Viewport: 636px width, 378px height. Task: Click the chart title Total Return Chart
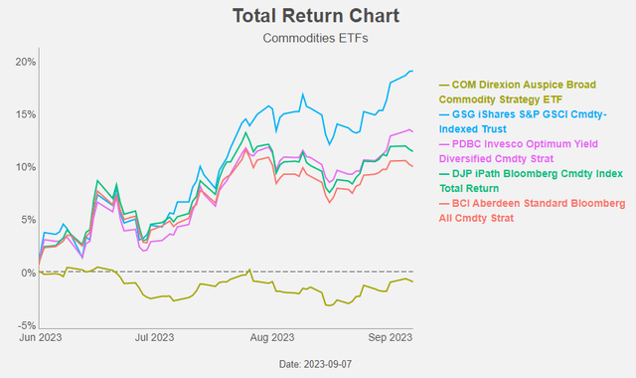tap(315, 16)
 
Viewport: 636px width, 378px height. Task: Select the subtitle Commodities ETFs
tap(315, 39)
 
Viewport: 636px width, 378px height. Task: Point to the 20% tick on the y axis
tap(25, 62)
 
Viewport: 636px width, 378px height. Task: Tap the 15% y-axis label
tap(25, 114)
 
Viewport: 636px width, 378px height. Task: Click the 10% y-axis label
tap(25, 167)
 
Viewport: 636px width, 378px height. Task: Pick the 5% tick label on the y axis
tap(28, 220)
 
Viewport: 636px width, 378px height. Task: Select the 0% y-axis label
tap(28, 273)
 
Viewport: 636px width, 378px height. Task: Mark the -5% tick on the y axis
tap(27, 325)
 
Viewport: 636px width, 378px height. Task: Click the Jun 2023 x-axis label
tap(41, 338)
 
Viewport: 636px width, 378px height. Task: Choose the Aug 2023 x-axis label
tap(270, 338)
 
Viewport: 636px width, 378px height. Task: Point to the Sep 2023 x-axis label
tap(387, 338)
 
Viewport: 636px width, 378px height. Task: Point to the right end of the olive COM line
tap(413, 283)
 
